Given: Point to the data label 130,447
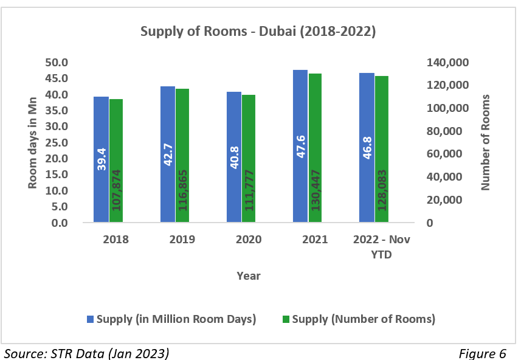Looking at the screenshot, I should coord(316,190).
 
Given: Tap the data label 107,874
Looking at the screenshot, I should coord(117,190).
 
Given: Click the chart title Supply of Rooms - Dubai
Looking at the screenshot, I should coord(258,32).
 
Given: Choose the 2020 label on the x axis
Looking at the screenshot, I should coord(248,240).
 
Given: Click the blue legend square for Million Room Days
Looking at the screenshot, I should coord(91,319).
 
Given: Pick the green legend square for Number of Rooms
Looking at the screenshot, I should coord(286,319).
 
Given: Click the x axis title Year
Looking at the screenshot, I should coord(248,276).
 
